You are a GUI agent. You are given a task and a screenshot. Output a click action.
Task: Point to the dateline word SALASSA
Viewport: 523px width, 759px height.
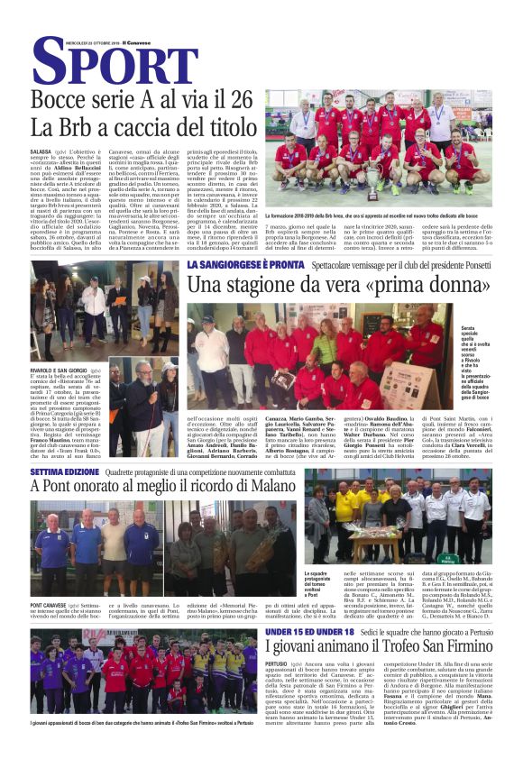click(x=41, y=152)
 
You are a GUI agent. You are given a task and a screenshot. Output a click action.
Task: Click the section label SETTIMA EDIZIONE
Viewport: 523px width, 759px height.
click(x=62, y=473)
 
